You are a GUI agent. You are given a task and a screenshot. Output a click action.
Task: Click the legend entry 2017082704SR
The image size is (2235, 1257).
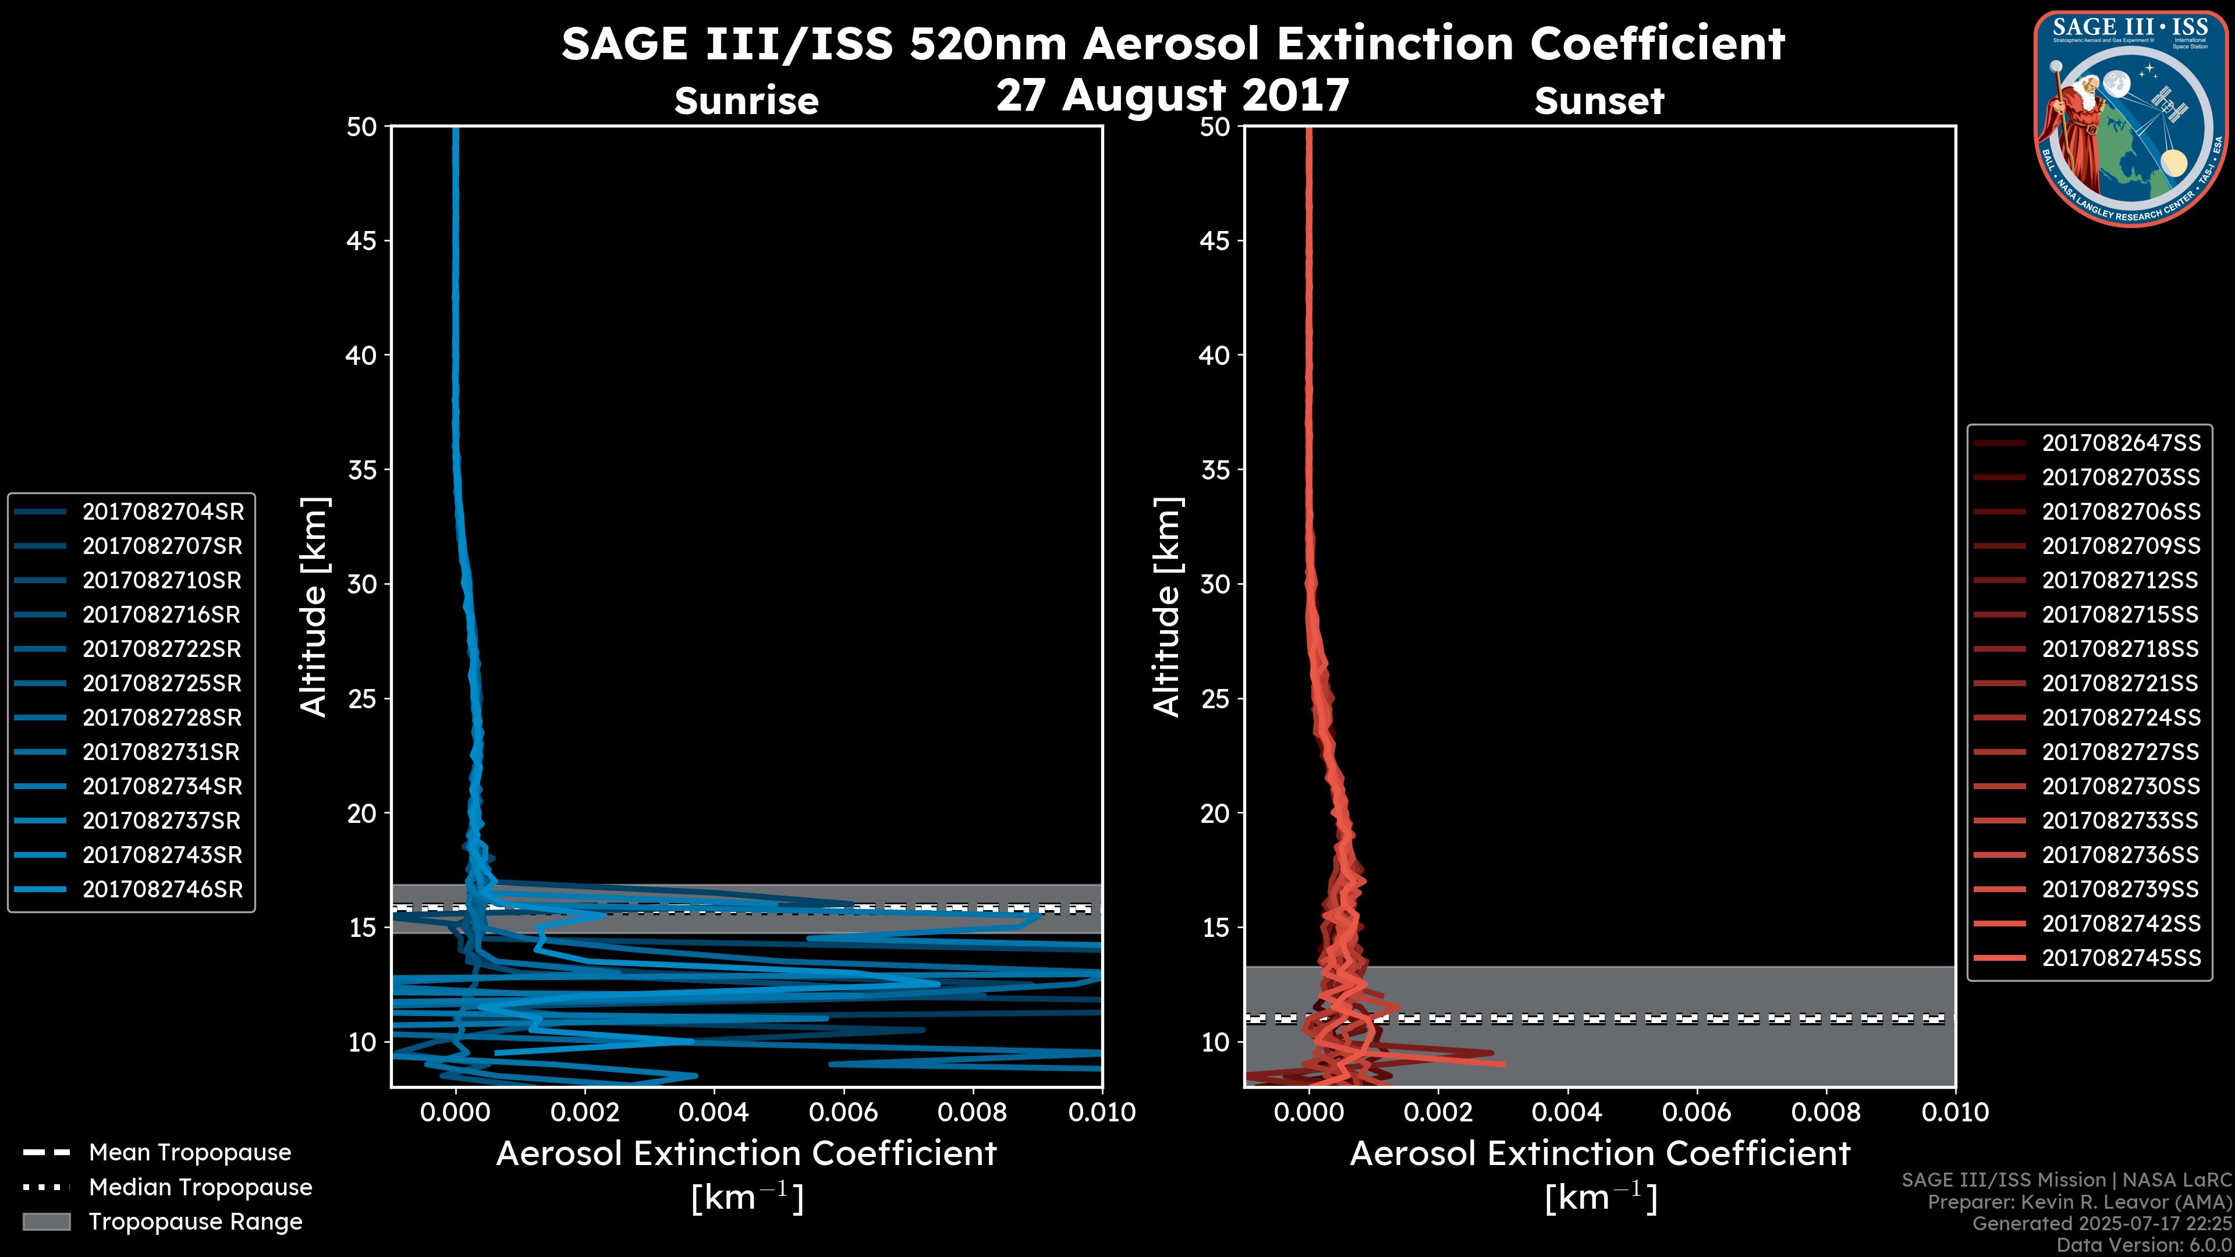coord(162,512)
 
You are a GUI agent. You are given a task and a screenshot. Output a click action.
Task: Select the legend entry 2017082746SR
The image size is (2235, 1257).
coord(162,889)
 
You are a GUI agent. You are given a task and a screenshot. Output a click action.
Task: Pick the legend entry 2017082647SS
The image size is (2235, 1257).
coord(2120,443)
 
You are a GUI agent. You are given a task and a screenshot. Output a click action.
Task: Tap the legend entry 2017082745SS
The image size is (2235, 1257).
coord(2120,958)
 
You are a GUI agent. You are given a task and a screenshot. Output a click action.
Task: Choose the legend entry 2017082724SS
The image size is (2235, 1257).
coord(2120,718)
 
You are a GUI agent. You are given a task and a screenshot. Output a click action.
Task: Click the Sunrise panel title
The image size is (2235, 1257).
coord(746,101)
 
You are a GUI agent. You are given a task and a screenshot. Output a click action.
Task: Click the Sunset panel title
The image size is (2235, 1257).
coord(1599,101)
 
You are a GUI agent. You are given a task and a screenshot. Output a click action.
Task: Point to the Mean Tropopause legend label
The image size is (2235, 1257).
coord(190,1152)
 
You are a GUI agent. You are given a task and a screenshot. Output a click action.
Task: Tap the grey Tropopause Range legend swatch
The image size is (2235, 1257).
coord(46,1222)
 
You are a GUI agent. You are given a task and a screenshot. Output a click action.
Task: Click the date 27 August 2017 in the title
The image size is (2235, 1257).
coord(1172,95)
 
